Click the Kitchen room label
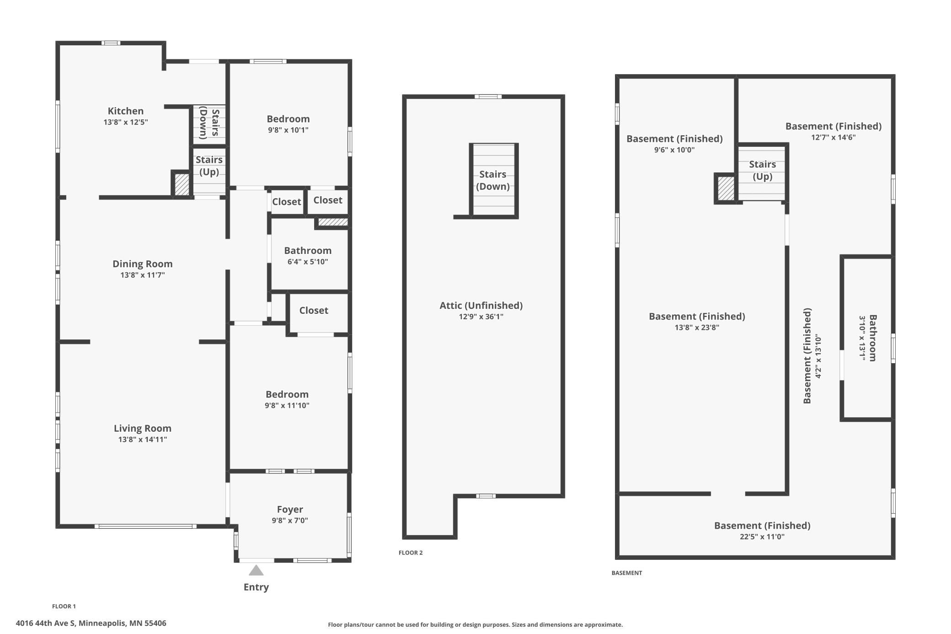click(x=125, y=111)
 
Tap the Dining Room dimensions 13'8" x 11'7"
click(x=143, y=275)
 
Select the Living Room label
click(x=143, y=428)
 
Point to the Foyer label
click(x=290, y=509)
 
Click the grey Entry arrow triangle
click(x=256, y=570)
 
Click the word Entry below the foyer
click(x=256, y=587)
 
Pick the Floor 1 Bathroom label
click(x=308, y=250)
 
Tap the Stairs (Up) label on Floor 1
click(x=209, y=166)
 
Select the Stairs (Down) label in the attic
click(x=493, y=180)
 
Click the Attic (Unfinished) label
click(x=481, y=305)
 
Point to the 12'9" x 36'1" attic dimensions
click(x=481, y=317)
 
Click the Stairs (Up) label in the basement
click(x=762, y=170)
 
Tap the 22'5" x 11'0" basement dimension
click(x=762, y=537)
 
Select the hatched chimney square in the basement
click(x=726, y=188)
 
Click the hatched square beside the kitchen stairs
click(x=182, y=184)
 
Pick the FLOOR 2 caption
click(x=411, y=553)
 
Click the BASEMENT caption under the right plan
click(x=627, y=573)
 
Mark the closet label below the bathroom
click(x=314, y=310)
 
